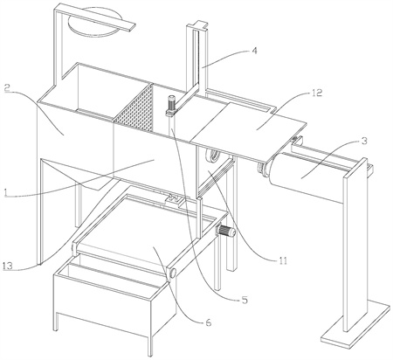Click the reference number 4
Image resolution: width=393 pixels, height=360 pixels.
point(254,51)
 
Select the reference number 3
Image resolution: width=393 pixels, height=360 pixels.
point(364,141)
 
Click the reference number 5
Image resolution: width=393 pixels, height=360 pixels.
point(245,300)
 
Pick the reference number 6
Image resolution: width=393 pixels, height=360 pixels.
point(208,322)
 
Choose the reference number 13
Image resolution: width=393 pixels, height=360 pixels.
point(7,266)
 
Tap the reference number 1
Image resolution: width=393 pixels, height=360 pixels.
point(5,192)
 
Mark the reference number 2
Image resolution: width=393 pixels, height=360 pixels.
point(8,87)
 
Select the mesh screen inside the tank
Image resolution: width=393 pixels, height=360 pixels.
point(134,110)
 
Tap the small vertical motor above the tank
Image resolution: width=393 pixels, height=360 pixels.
point(170,106)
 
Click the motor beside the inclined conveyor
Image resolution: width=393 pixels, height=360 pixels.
point(226,232)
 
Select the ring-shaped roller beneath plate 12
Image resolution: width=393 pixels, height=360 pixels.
point(212,156)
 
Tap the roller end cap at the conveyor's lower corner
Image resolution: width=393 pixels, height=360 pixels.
point(172,273)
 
